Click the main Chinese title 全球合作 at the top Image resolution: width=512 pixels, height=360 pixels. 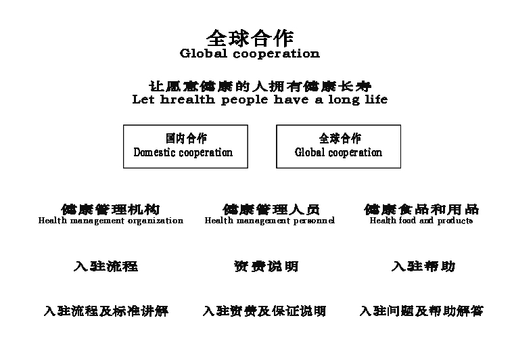pyautogui.click(x=250, y=38)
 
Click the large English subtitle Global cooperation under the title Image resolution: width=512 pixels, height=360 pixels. pyautogui.click(x=250, y=53)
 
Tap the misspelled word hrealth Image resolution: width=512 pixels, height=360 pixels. pyautogui.click(x=187, y=99)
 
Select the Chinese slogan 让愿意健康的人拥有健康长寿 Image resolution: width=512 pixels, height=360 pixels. pyautogui.click(x=260, y=86)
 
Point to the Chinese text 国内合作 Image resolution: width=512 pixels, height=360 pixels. pyautogui.click(x=186, y=139)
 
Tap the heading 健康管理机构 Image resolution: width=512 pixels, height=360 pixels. pyautogui.click(x=110, y=209)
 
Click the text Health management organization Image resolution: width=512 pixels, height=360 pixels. pyautogui.click(x=111, y=221)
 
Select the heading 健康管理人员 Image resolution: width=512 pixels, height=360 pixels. pyautogui.click(x=271, y=209)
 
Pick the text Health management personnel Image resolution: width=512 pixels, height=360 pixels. pyautogui.click(x=270, y=221)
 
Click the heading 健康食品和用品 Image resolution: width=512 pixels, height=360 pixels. pyautogui.click(x=421, y=209)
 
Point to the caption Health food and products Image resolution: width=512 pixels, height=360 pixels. pyautogui.click(x=421, y=221)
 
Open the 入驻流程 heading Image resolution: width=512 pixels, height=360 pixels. pyautogui.click(x=106, y=266)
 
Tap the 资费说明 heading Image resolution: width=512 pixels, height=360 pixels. pyautogui.click(x=266, y=266)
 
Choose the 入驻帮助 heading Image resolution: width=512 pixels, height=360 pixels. pyautogui.click(x=423, y=266)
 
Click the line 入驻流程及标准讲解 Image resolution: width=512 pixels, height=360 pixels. pyautogui.click(x=106, y=311)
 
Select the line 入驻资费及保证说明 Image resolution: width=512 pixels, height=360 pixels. pyautogui.click(x=264, y=311)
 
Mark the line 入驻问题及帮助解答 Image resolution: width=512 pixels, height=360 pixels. pyautogui.click(x=421, y=311)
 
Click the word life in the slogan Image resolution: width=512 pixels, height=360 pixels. pyautogui.click(x=376, y=99)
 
